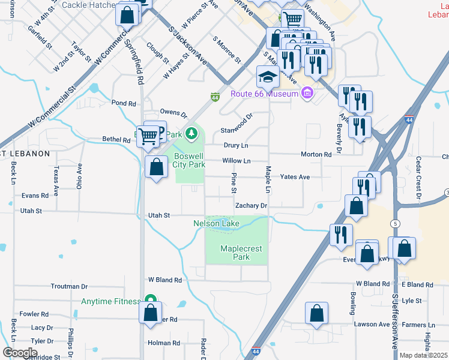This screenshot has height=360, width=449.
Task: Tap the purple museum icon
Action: [x=307, y=94]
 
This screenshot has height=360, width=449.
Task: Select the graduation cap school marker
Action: [x=268, y=77]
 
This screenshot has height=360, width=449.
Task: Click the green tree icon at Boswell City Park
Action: [x=191, y=132]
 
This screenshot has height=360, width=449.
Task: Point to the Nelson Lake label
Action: [x=216, y=224]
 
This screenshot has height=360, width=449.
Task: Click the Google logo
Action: [x=19, y=353]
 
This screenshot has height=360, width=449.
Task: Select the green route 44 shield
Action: [x=215, y=97]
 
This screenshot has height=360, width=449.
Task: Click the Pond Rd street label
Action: [x=124, y=103]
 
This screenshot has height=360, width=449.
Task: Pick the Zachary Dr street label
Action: [x=250, y=206]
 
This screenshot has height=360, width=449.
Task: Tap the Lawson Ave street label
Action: [x=372, y=325]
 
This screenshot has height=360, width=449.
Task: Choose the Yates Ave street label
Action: [x=295, y=177]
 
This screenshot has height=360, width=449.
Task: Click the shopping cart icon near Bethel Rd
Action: [x=148, y=136]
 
